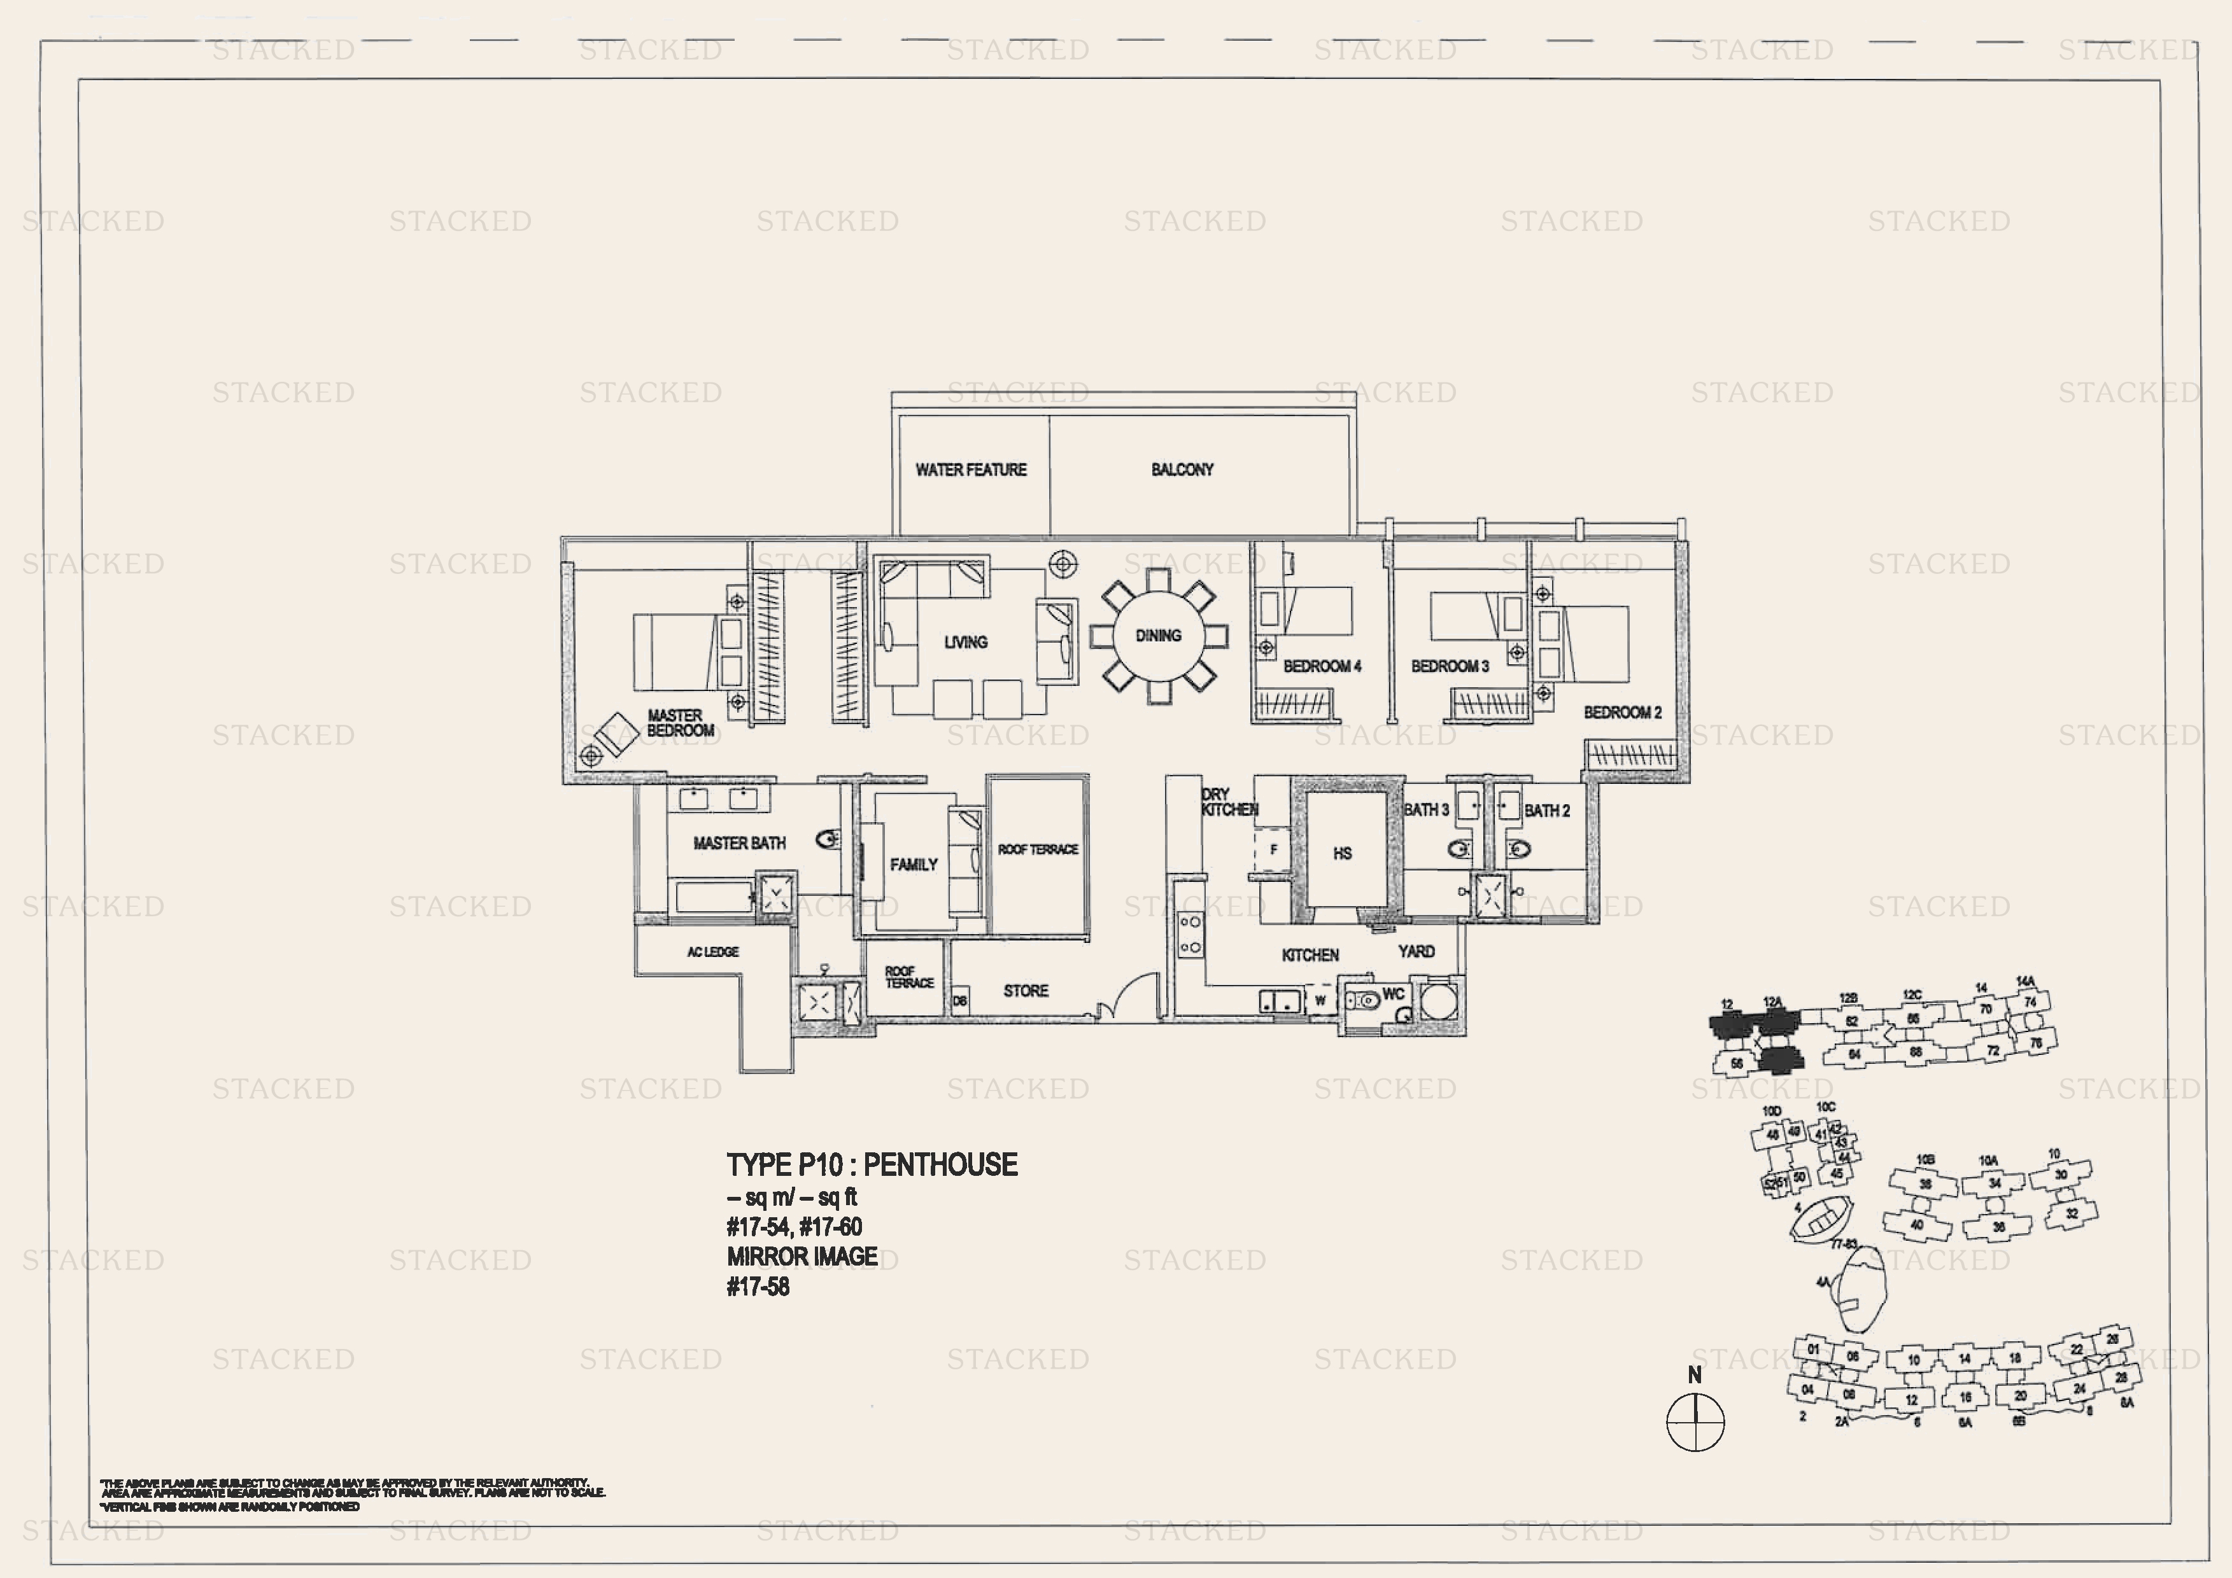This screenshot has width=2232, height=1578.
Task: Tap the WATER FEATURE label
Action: point(970,470)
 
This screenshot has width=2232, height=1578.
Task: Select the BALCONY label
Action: point(1182,470)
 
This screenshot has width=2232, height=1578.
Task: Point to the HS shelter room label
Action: point(1341,853)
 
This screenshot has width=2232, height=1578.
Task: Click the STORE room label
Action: point(1026,990)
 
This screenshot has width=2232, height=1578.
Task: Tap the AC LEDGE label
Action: point(712,951)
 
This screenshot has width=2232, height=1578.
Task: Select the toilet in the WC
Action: point(1365,999)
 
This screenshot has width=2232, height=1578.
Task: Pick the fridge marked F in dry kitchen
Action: point(1273,849)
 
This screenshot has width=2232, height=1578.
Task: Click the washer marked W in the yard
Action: point(1319,1000)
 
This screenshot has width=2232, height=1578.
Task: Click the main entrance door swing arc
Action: point(1133,993)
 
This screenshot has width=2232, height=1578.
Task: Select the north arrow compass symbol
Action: point(1695,1421)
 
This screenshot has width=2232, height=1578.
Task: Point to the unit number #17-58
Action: point(758,1287)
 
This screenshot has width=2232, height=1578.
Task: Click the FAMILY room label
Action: point(913,864)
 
